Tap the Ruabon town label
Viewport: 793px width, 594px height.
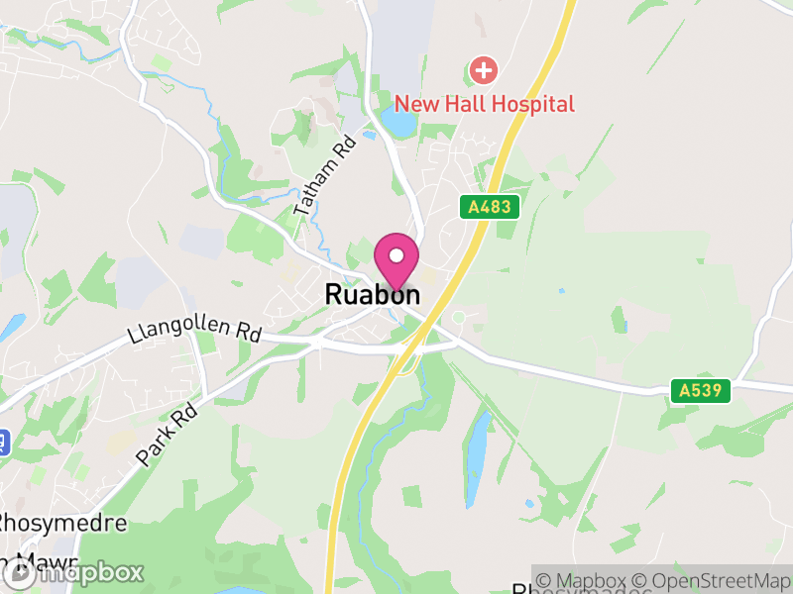(373, 295)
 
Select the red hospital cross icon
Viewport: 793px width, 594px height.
(484, 70)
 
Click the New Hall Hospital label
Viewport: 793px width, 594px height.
(485, 104)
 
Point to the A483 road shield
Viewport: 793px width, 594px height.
(490, 207)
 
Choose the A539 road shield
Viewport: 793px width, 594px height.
(705, 391)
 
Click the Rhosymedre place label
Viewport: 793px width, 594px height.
(61, 523)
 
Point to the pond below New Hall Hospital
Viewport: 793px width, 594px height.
(398, 124)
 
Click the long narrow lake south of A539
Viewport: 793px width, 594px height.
(477, 444)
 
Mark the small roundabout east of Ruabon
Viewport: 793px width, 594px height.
(458, 318)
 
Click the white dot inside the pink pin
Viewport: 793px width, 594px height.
(396, 255)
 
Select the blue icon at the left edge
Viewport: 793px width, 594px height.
(3, 441)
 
